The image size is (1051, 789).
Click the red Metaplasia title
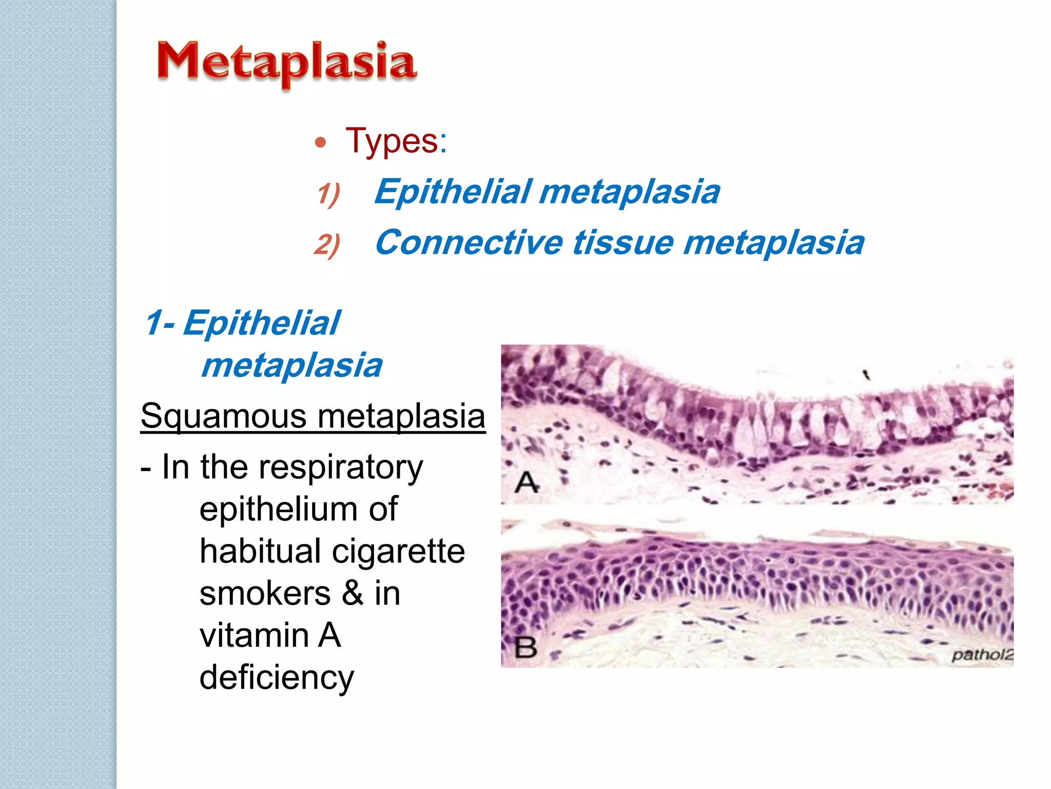286,63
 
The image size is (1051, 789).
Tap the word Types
396,140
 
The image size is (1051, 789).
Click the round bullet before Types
321,142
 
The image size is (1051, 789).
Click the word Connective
469,242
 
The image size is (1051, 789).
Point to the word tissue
623,242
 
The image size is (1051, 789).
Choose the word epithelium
278,509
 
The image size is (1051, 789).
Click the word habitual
260,551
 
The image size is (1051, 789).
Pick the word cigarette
398,551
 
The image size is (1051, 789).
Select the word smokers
265,593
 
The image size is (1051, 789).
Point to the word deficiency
277,678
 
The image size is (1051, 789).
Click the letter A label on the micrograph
527,482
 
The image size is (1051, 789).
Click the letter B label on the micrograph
526,647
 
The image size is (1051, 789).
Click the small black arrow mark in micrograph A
866,374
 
